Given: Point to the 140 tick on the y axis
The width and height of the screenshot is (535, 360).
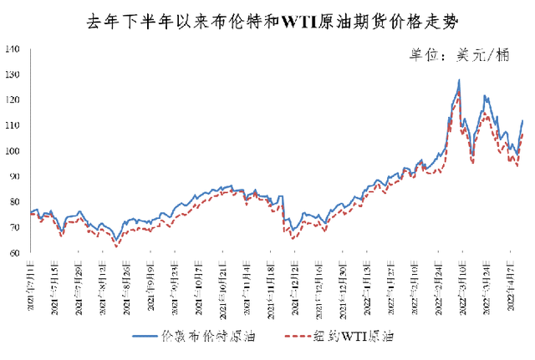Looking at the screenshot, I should click(x=13, y=49).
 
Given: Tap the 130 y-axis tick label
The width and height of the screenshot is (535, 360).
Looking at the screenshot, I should click(x=13, y=74).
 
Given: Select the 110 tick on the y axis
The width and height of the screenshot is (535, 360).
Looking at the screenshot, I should click(x=13, y=125).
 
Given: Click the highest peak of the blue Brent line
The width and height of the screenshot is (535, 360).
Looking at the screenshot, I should click(x=459, y=80).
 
